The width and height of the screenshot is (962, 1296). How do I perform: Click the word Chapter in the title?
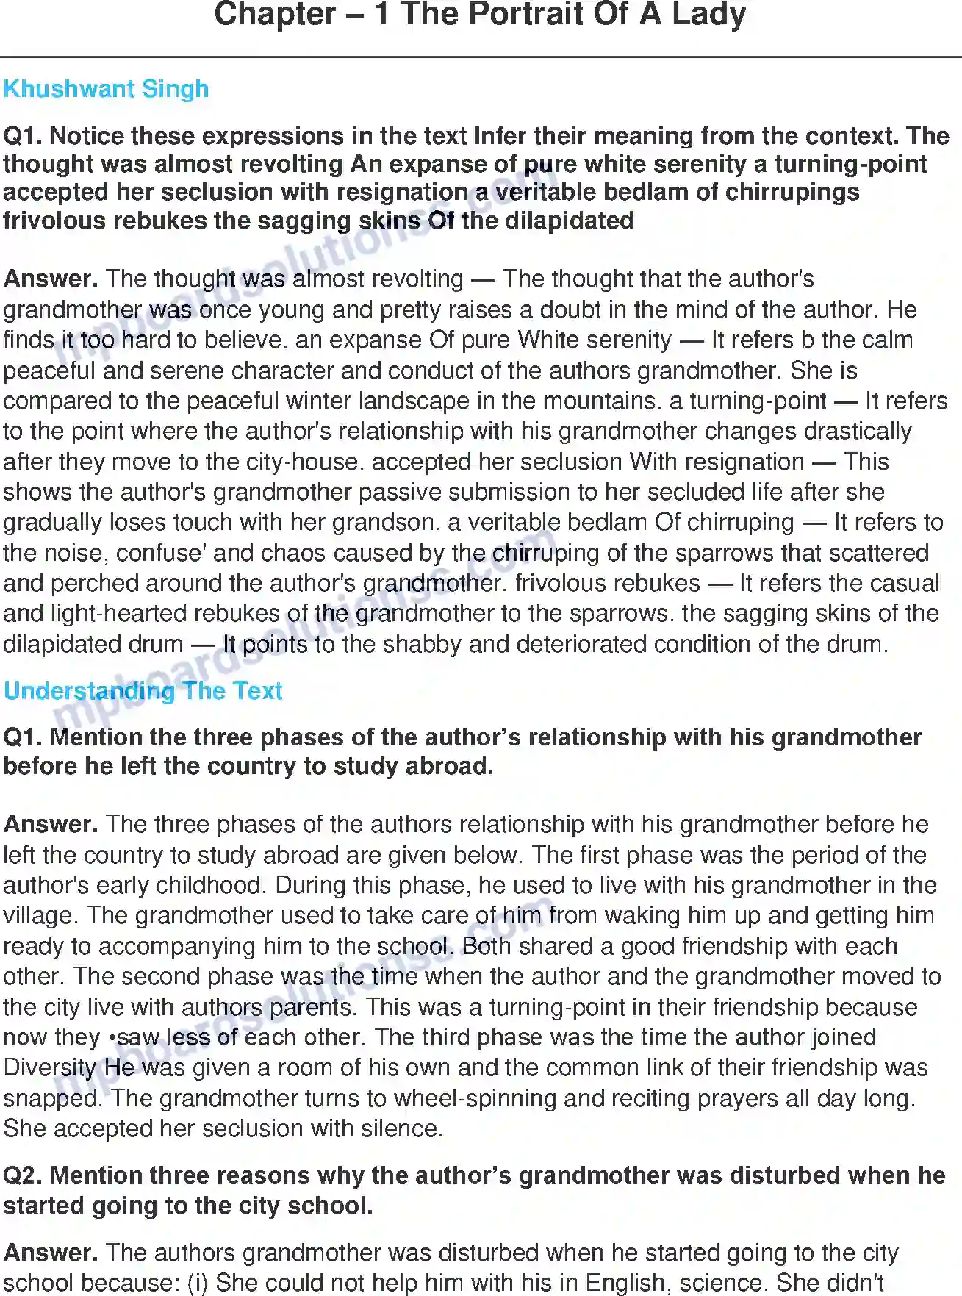point(274,15)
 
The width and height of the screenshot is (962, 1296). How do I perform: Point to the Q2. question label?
point(23,1175)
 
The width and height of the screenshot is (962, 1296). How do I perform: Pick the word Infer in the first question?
point(500,136)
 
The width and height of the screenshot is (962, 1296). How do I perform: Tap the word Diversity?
point(50,1067)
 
